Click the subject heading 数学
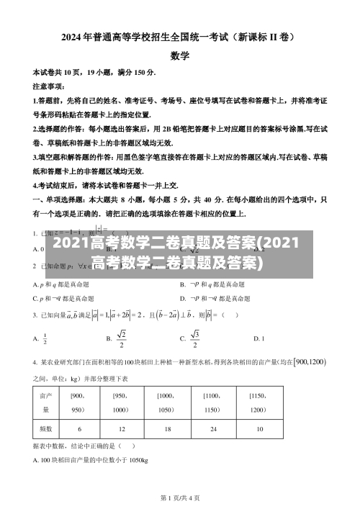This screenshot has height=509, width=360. point(180,55)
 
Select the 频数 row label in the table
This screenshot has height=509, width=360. point(45,428)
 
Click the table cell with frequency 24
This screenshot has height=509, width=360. point(212,428)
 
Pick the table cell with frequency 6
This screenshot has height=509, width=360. point(79,428)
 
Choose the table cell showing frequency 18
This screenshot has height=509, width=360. point(167,428)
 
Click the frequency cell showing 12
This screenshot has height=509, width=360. point(122,428)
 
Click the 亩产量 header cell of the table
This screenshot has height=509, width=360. point(45,402)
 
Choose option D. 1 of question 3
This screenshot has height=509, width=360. point(259,338)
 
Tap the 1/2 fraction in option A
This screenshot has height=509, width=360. point(45,338)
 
